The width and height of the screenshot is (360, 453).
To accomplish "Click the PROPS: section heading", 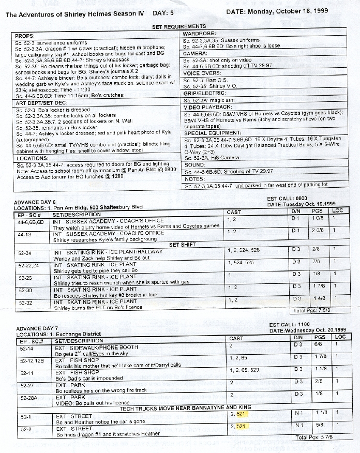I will (25, 36).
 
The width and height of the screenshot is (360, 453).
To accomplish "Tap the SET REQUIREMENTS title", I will (179, 26).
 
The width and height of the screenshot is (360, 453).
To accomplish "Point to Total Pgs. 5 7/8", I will (316, 437).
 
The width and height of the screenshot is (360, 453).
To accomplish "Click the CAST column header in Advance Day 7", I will (236, 339).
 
